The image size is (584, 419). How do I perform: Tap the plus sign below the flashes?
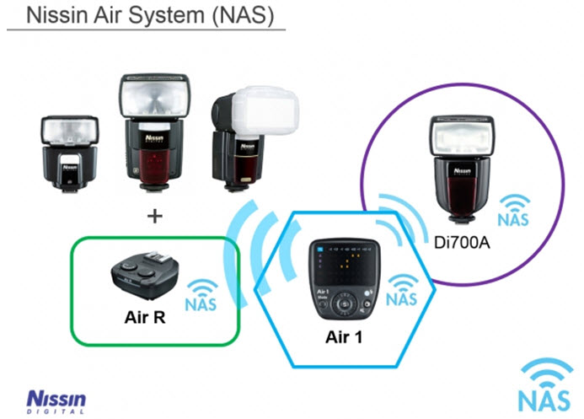tap(153, 217)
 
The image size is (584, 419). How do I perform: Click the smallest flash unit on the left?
tap(71, 151)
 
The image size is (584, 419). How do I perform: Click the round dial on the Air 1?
tap(344, 302)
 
